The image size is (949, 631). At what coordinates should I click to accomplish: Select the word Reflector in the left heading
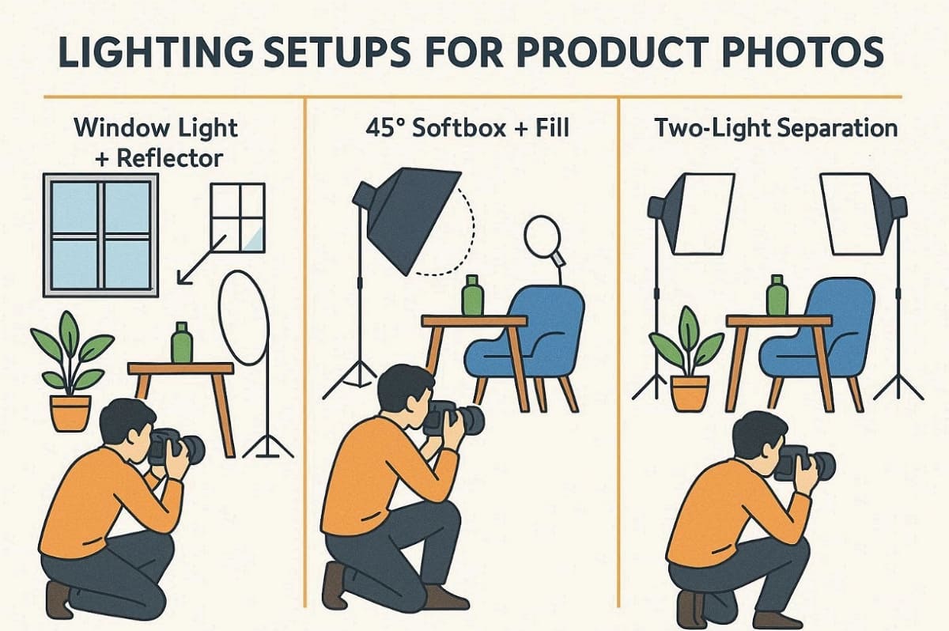(169, 157)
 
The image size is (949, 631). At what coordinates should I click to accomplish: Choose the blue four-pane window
(100, 235)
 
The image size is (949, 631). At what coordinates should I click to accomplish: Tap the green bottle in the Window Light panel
(182, 344)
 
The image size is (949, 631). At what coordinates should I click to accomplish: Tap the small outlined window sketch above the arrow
(237, 217)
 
